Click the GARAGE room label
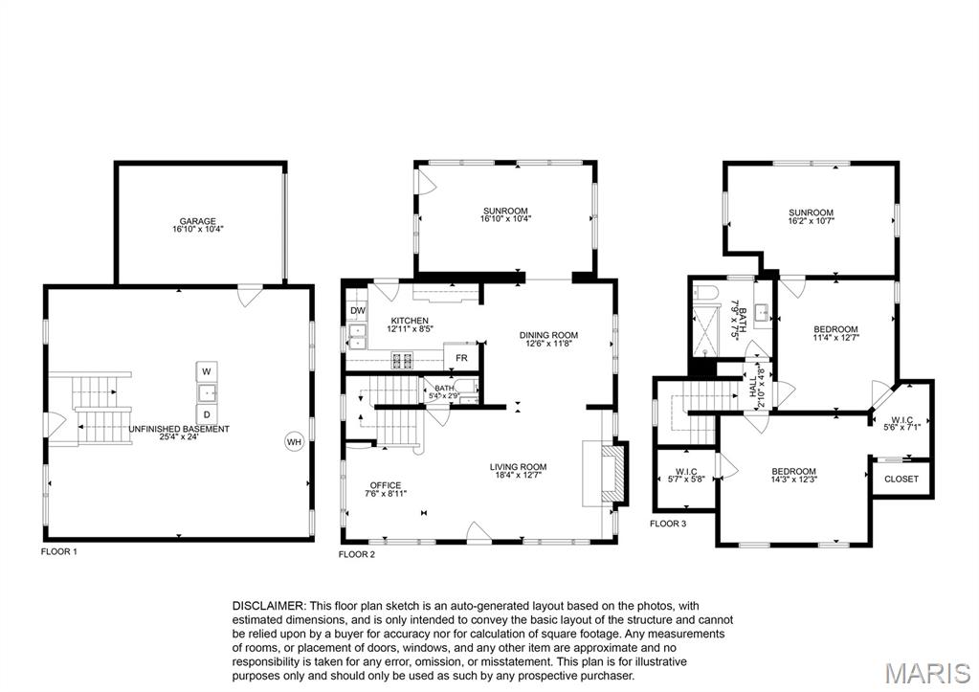point(198,220)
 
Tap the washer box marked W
point(207,370)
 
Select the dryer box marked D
point(207,413)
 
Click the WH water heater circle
point(294,441)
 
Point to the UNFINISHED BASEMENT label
point(179,429)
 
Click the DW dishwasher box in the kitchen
point(357,311)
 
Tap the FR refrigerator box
point(461,357)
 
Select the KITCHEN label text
point(409,321)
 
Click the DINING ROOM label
point(548,335)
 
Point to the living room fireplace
point(609,472)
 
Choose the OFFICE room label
point(386,485)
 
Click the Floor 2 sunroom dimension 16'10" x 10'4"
point(504,218)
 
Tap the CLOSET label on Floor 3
point(901,479)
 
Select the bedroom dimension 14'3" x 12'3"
point(794,480)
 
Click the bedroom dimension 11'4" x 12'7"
point(835,337)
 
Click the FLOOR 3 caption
point(668,524)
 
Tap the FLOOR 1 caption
point(58,552)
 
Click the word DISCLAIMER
point(268,606)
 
